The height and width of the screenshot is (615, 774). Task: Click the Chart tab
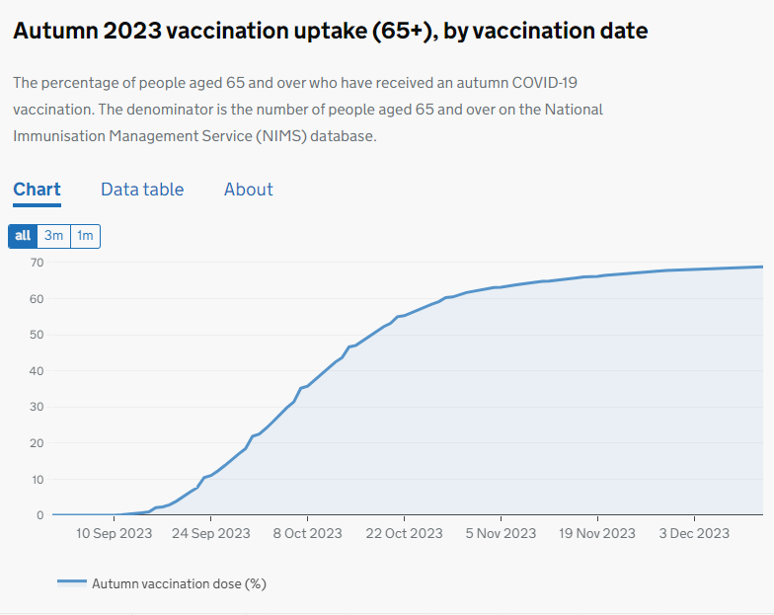click(x=38, y=190)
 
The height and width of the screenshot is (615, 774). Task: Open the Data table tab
click(x=142, y=190)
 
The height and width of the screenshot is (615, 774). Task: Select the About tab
click(x=248, y=190)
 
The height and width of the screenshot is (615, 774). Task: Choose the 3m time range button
click(x=53, y=236)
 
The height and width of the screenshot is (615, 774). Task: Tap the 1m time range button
click(x=85, y=236)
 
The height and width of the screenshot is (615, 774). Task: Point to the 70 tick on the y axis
click(x=37, y=263)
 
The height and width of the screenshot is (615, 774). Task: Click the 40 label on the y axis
click(x=37, y=371)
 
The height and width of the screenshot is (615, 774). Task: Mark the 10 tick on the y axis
click(x=37, y=480)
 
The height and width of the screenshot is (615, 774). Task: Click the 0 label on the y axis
click(x=40, y=515)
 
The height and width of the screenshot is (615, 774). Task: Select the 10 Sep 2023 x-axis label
click(x=115, y=533)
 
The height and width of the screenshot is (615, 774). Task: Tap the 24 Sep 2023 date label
click(x=211, y=533)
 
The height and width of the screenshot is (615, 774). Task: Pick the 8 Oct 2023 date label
click(x=307, y=533)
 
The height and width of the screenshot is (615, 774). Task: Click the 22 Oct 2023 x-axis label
click(x=405, y=533)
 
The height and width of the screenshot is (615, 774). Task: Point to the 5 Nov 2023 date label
click(x=501, y=533)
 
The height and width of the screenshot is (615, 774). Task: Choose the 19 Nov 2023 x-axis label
click(x=598, y=533)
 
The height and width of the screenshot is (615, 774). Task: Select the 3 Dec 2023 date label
click(x=694, y=533)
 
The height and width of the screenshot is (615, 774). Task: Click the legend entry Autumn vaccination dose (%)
click(x=179, y=583)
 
